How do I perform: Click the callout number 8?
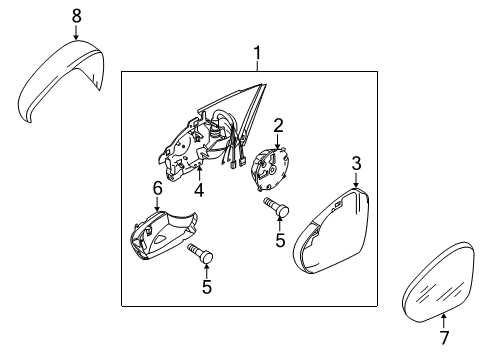(77, 16)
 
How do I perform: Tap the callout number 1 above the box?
(257, 53)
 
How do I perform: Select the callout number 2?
(278, 125)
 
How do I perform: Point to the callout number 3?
(356, 164)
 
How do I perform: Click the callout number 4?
(199, 190)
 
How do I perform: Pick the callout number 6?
(157, 189)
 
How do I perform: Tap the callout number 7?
(445, 338)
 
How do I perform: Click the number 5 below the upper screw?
(280, 240)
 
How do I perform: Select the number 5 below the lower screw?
(207, 287)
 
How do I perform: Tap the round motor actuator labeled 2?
(269, 169)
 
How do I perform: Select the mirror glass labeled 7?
(438, 283)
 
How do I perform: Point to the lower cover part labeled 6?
(163, 235)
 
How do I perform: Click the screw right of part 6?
(200, 253)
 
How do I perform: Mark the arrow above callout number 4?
(199, 173)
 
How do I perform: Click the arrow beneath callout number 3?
(356, 180)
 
